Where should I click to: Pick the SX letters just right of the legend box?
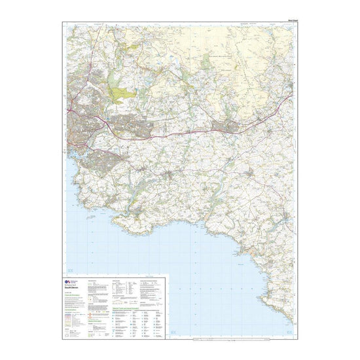(175, 334)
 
